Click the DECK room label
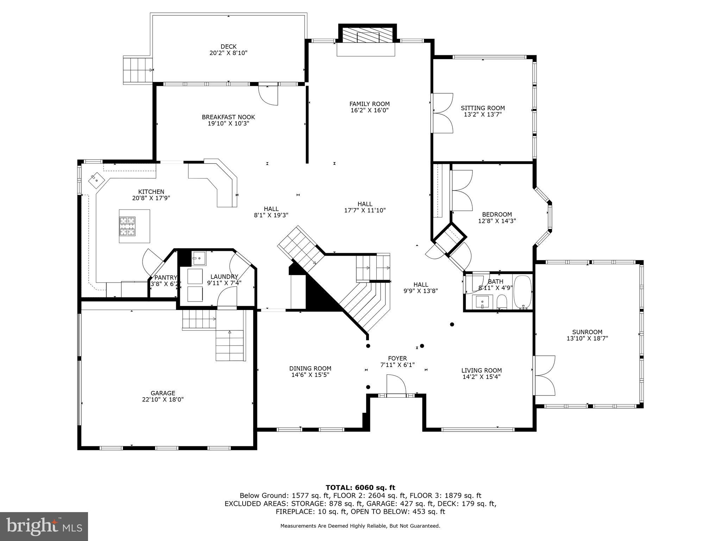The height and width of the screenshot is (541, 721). pyautogui.click(x=228, y=46)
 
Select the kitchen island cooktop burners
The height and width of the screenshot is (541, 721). pyautogui.click(x=127, y=226)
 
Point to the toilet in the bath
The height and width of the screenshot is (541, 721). pyautogui.click(x=502, y=301)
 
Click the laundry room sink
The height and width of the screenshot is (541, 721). pyautogui.click(x=199, y=258)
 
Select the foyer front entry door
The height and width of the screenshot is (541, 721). pyautogui.click(x=396, y=386)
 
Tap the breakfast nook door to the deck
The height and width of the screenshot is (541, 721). pyautogui.click(x=268, y=94)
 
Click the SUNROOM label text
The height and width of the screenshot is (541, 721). pyautogui.click(x=587, y=332)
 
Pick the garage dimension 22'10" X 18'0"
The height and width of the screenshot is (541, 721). pyautogui.click(x=163, y=399)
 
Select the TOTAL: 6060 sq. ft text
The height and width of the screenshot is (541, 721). pyautogui.click(x=360, y=487)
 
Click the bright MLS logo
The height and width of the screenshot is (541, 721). pyautogui.click(x=44, y=526)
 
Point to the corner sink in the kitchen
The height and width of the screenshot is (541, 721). pyautogui.click(x=96, y=180)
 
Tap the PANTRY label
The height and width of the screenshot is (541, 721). pyautogui.click(x=165, y=278)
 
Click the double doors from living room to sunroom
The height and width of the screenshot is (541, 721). pyautogui.click(x=544, y=375)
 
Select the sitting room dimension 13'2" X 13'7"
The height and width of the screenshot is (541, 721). pyautogui.click(x=483, y=114)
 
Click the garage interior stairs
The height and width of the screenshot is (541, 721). pyautogui.click(x=230, y=345)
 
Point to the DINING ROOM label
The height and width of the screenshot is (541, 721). pyautogui.click(x=310, y=368)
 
